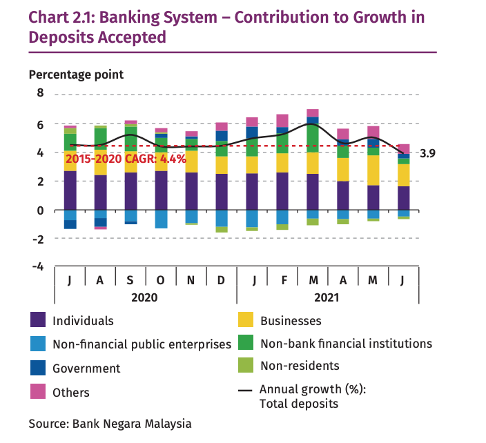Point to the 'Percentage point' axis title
tap(76, 74)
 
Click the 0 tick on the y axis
tap(39, 210)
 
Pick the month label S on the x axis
tap(130, 280)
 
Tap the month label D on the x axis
tap(222, 280)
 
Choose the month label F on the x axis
tap(282, 280)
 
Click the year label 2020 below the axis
tap(146, 297)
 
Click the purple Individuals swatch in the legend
tap(39, 320)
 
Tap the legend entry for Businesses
tap(290, 320)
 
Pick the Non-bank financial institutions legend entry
tap(346, 343)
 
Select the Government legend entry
tap(86, 368)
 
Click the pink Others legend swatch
tap(39, 392)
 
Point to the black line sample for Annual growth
tap(245, 390)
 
